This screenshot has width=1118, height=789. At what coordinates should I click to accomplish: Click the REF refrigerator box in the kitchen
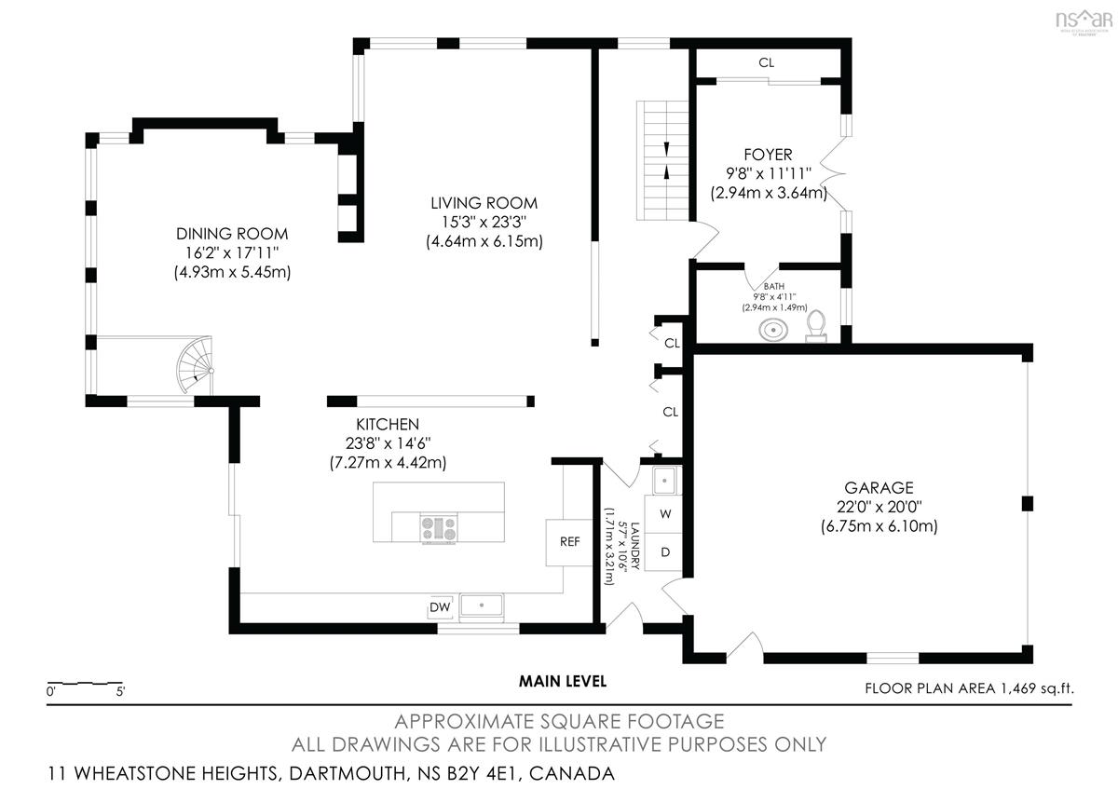[x=569, y=542]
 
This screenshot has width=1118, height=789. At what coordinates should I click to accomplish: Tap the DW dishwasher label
[x=440, y=606]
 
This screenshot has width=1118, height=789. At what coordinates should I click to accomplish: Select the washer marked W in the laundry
[x=664, y=514]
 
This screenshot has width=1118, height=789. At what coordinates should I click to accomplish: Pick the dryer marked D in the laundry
[x=664, y=551]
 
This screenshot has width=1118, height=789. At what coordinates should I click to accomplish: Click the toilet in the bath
[x=816, y=327]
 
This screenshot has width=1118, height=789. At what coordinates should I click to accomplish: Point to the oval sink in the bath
[x=773, y=330]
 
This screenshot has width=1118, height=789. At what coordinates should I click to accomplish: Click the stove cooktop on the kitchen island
[x=439, y=528]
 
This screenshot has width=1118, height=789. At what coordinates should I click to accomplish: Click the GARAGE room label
[x=879, y=487]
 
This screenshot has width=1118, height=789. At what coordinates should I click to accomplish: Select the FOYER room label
[x=768, y=155]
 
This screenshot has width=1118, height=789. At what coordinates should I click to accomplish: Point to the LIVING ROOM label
[x=484, y=203]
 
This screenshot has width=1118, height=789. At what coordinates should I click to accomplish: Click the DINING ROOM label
[x=232, y=234]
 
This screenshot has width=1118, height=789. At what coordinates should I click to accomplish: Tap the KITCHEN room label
[x=388, y=424]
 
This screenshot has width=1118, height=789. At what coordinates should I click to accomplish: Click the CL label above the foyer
[x=766, y=63]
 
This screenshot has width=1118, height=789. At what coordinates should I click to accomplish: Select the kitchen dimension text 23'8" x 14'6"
[x=388, y=443]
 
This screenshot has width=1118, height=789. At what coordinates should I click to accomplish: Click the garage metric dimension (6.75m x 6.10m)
[x=879, y=526]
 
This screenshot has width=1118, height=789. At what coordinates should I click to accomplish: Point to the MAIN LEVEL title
[x=563, y=681]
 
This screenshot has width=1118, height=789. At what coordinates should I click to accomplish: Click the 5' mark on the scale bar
[x=120, y=692]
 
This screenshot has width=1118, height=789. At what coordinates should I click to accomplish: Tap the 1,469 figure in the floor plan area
[x=1017, y=688]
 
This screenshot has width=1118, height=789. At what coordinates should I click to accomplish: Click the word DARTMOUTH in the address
[x=347, y=773]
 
